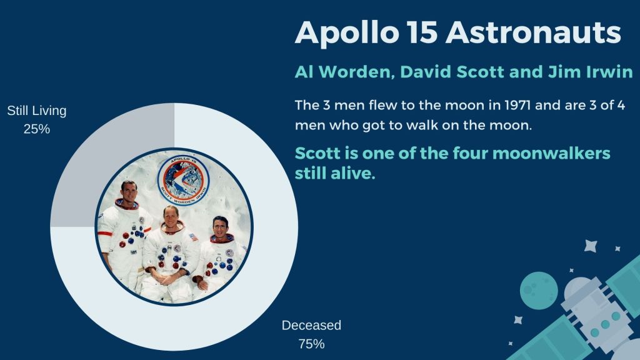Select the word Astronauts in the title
click(534, 32)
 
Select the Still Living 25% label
click(37, 119)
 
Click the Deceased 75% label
click(311, 334)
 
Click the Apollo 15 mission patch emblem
click(183, 180)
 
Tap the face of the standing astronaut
click(129, 191)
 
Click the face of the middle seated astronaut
click(171, 217)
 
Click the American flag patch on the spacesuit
click(193, 237)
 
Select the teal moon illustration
click(539, 291)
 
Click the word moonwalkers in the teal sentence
click(551, 154)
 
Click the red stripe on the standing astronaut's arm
click(105, 234)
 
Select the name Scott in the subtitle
click(480, 72)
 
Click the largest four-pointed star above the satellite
click(591, 246)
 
